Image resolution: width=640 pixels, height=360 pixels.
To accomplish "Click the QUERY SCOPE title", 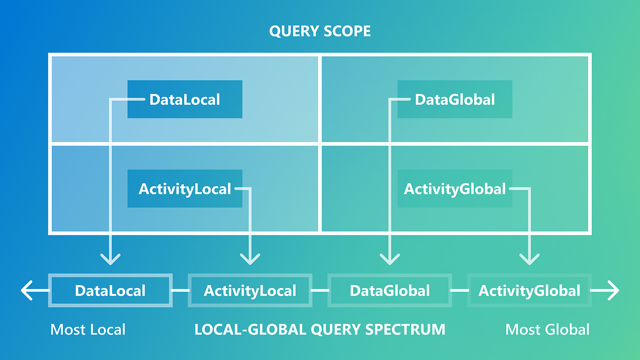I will (x=320, y=31).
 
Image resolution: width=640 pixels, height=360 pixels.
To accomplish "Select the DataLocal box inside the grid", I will (x=185, y=99).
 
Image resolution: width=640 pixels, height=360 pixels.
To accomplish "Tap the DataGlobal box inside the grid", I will (x=455, y=99).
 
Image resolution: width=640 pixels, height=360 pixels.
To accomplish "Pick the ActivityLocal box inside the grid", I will (x=185, y=189).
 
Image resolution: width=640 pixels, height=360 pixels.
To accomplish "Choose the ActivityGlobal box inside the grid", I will (x=455, y=189).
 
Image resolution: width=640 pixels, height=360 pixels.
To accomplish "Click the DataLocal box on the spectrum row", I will (x=110, y=291).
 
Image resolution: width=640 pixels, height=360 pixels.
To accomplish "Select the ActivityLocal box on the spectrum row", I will (x=250, y=291).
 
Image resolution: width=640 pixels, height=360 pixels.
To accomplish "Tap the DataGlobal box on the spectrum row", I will (x=390, y=291).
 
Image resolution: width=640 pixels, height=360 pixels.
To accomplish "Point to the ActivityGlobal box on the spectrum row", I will (x=529, y=291).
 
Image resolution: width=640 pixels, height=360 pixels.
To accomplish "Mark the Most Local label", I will (x=88, y=329).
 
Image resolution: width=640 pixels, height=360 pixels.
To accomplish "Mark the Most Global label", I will (x=547, y=329).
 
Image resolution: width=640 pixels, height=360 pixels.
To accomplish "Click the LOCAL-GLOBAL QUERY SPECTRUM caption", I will (x=320, y=329).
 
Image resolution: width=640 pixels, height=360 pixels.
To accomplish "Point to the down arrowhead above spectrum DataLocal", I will (x=110, y=259).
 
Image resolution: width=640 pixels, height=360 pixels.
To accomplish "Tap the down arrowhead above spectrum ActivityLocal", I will (x=250, y=259).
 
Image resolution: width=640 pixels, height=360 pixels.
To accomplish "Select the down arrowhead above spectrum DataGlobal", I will (x=390, y=259).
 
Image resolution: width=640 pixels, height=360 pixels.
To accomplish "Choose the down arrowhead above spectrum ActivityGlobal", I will (x=529, y=259).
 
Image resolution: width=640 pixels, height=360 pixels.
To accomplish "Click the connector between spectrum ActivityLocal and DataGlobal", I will (x=320, y=291).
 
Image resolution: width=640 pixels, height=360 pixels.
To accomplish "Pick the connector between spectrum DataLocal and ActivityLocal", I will (x=180, y=291).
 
